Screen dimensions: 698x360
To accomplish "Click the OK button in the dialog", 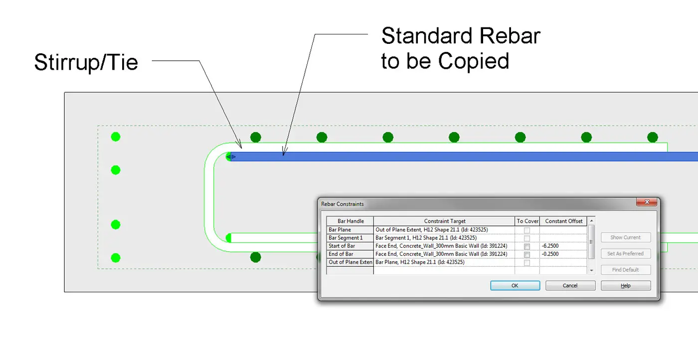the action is coord(515,286).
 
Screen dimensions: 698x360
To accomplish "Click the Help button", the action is coord(625,286).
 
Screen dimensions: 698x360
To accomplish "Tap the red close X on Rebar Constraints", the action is coord(647,202).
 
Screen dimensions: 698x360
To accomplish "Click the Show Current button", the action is coord(625,237).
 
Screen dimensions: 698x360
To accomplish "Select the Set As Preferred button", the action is coord(625,253).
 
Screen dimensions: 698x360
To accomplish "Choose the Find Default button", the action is coord(625,270).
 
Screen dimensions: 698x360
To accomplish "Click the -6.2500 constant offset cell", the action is coord(563,246).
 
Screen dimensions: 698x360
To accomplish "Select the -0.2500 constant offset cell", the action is coord(563,254).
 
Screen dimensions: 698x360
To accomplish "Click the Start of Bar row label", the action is coord(342,246).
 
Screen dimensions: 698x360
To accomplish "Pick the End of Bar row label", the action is coord(341,254).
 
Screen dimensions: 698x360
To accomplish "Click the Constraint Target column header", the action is coord(444,221).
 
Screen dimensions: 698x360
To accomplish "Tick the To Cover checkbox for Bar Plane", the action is coord(527,230).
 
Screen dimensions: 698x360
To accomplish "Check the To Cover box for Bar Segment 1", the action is coord(527,238).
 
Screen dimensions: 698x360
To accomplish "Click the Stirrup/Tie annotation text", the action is coord(86,63).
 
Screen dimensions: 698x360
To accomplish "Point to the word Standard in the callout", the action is coord(427,36).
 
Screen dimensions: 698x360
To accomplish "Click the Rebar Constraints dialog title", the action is coord(342,204).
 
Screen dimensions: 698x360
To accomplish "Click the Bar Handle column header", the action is coord(350,221).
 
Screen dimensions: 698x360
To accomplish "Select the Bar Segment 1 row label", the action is coord(345,238).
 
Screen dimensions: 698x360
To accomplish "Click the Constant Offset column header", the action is coord(563,221).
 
